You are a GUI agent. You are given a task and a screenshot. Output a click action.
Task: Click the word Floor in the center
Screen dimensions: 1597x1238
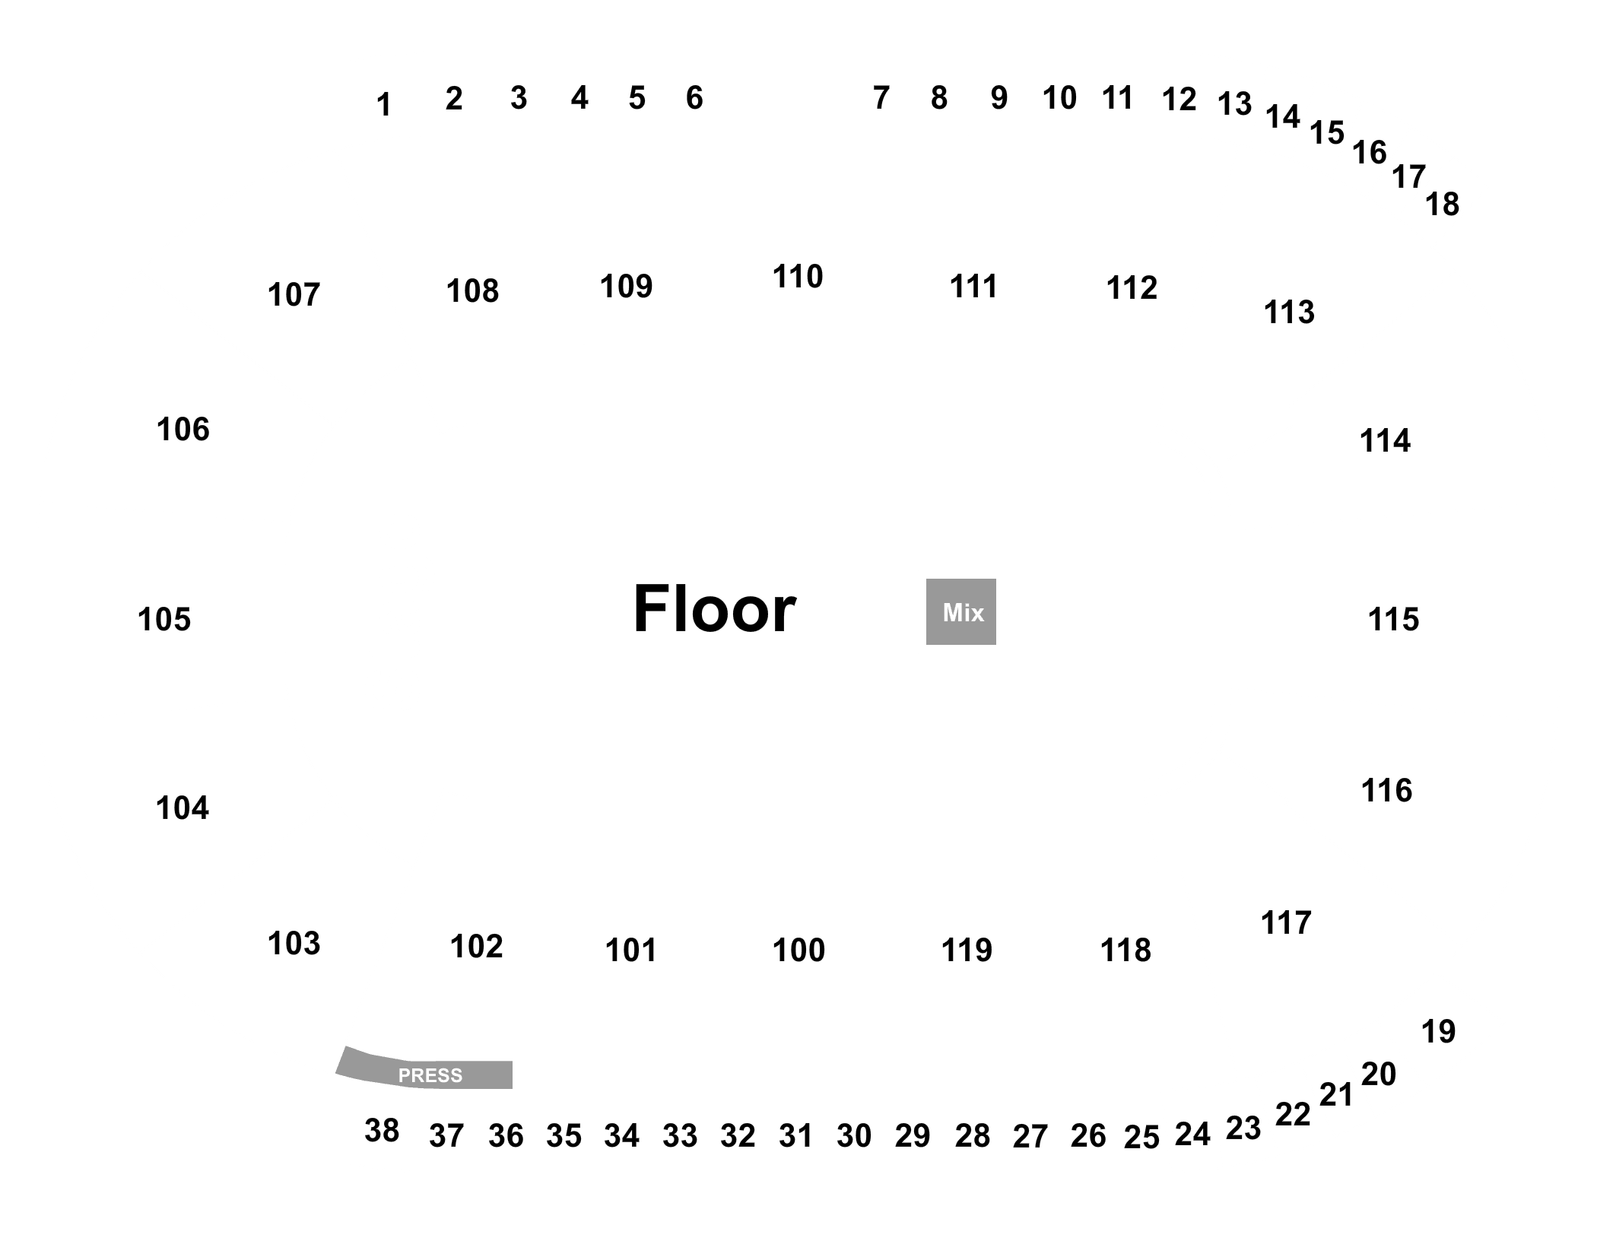[714, 609]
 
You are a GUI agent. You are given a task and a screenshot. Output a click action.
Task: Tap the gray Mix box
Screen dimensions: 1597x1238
[961, 611]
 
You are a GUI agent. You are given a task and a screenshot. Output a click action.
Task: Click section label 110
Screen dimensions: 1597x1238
[798, 277]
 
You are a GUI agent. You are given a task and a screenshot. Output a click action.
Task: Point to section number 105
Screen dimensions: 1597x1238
[164, 620]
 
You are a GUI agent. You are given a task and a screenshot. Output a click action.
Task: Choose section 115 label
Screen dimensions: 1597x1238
[1393, 620]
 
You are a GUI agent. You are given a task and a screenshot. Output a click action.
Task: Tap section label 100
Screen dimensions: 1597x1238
[798, 951]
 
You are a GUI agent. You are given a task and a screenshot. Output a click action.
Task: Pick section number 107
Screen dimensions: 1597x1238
[294, 295]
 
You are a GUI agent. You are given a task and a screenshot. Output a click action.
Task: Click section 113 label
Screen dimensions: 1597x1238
[1289, 313]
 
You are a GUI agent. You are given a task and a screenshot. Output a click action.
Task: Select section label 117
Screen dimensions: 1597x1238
[1286, 923]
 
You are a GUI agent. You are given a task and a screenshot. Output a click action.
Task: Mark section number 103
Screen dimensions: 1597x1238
[294, 944]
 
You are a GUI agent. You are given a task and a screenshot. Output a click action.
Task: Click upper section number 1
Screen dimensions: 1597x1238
[384, 105]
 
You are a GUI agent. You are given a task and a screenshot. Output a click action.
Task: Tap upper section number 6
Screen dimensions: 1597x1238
[694, 97]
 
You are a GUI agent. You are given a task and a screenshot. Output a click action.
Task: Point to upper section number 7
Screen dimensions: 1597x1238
[881, 97]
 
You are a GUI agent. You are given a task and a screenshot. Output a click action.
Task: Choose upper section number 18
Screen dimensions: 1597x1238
[1442, 205]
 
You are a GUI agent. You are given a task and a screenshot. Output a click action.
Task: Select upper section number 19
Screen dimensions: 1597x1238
[1438, 1032]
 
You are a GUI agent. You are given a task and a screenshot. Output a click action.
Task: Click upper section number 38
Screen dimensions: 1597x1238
[382, 1131]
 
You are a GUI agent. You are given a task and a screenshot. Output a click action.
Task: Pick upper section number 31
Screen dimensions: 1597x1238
[795, 1136]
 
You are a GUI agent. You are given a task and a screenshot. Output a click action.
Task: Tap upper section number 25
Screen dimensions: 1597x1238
[1141, 1138]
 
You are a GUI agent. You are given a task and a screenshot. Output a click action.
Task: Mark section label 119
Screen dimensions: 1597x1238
[967, 951]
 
